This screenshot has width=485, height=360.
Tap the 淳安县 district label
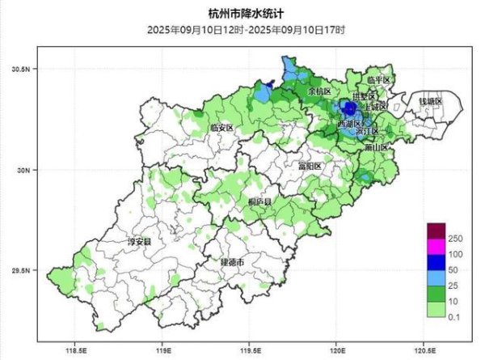pos(140,240)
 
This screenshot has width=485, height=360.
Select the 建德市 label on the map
pos(234,264)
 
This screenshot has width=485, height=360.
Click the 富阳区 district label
pos(310,165)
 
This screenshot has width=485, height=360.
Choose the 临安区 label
pos(221,128)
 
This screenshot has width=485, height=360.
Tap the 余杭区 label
pos(319,91)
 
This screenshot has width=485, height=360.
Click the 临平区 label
pos(377,80)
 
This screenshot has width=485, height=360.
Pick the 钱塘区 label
pos(430,101)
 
